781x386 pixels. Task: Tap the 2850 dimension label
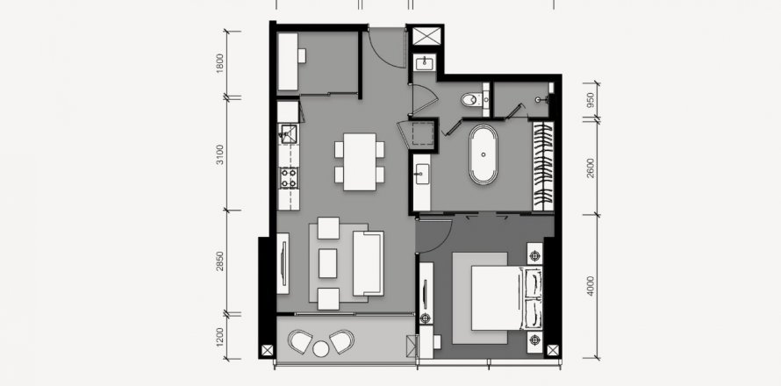tap(220, 261)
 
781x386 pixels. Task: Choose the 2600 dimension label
tap(591, 167)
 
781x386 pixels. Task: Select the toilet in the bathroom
tap(475, 99)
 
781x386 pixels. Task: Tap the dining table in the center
tap(360, 161)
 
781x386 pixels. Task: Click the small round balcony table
tap(321, 348)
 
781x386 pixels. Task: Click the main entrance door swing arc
tap(384, 48)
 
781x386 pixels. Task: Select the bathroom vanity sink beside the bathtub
tap(421, 173)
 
